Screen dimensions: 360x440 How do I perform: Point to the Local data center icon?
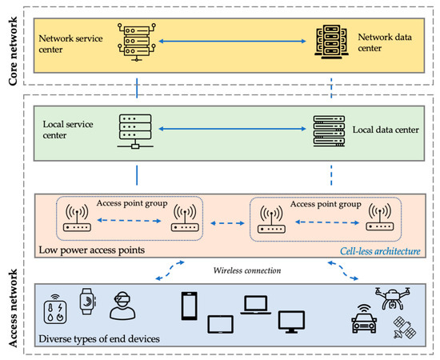point(322,130)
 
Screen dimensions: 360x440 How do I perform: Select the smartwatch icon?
point(86,302)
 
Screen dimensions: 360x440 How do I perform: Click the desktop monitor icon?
point(290,322)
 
